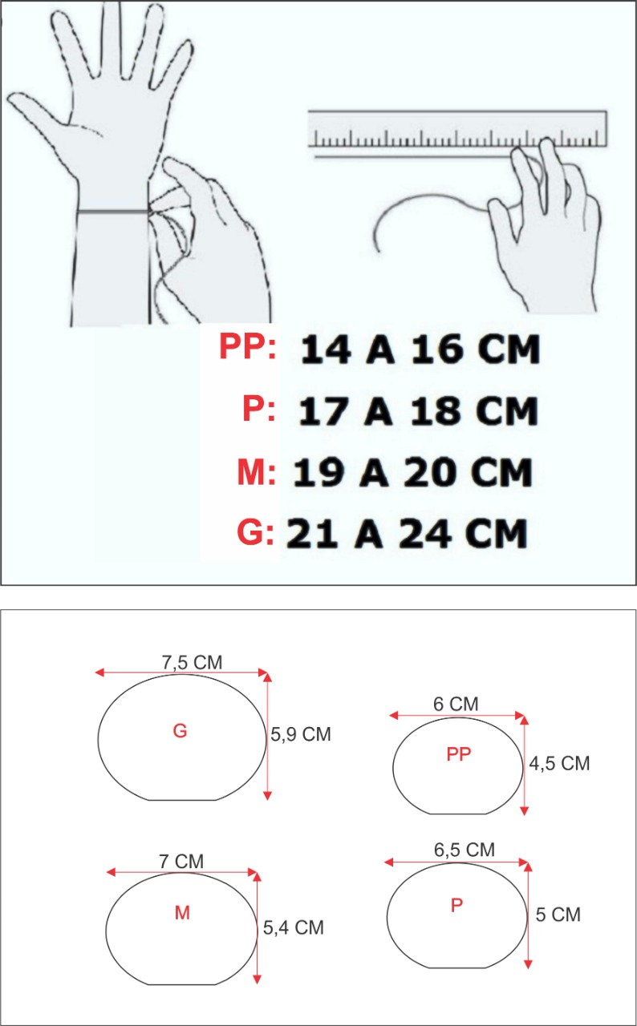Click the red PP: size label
pyautogui.click(x=248, y=346)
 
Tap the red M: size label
pyautogui.click(x=257, y=472)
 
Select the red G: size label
pyautogui.click(x=256, y=532)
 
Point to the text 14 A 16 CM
pyautogui.click(x=420, y=349)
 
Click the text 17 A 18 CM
pyautogui.click(x=418, y=411)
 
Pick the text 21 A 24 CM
pyautogui.click(x=407, y=534)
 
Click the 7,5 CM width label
pyautogui.click(x=192, y=663)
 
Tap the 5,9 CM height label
pyautogui.click(x=301, y=735)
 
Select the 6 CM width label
pyautogui.click(x=456, y=704)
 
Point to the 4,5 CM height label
pyautogui.click(x=559, y=764)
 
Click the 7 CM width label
pyautogui.click(x=181, y=862)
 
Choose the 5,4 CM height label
pyautogui.click(x=294, y=927)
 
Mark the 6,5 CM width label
pyautogui.click(x=465, y=850)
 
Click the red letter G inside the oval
pyautogui.click(x=180, y=731)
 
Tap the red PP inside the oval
pyautogui.click(x=459, y=754)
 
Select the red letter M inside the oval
pyautogui.click(x=182, y=913)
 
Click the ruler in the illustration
pyautogui.click(x=458, y=129)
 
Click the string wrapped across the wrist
pyautogui.click(x=113, y=211)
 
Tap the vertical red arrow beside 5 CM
pyautogui.click(x=529, y=915)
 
